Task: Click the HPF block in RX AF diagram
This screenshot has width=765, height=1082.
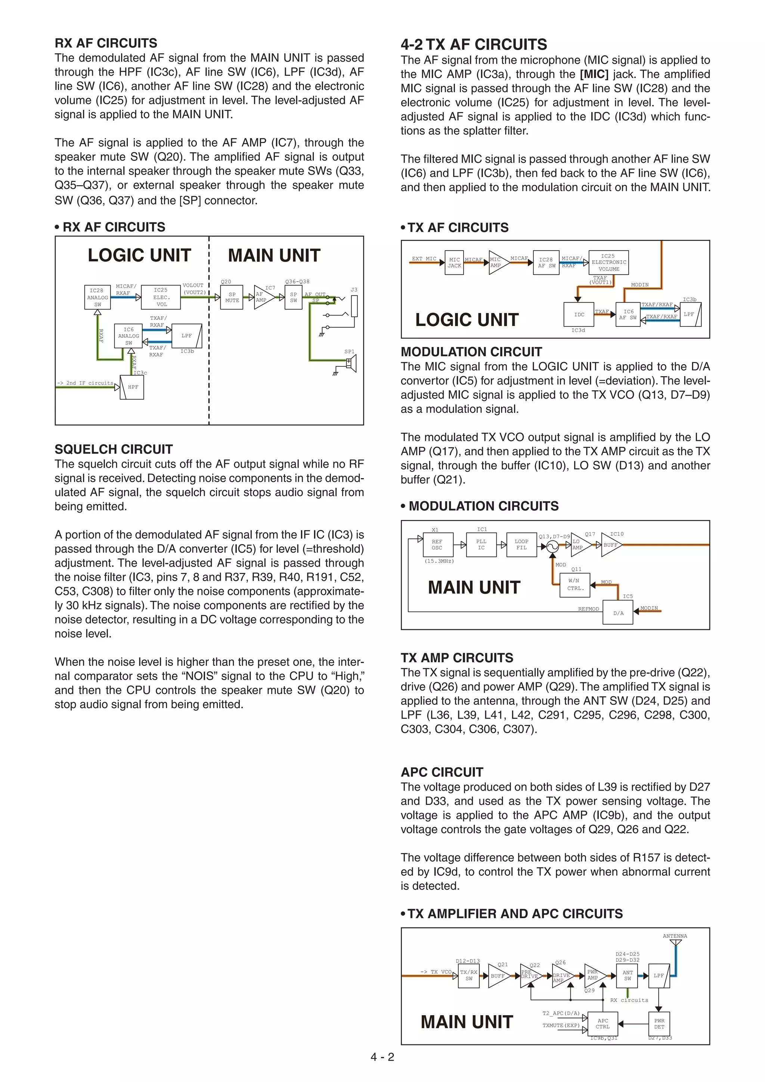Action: pyautogui.click(x=132, y=387)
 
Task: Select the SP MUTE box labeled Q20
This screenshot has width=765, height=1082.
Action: pyautogui.click(x=232, y=297)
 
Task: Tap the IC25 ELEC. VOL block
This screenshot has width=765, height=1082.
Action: pyautogui.click(x=161, y=297)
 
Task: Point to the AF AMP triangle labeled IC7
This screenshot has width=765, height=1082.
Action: pyautogui.click(x=263, y=297)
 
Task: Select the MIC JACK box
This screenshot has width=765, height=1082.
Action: pyautogui.click(x=454, y=263)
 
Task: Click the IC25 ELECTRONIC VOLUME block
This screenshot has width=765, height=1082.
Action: pyautogui.click(x=608, y=263)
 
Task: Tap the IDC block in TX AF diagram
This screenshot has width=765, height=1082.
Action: pyautogui.click(x=579, y=314)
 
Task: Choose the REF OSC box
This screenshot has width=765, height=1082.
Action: pyautogui.click(x=437, y=545)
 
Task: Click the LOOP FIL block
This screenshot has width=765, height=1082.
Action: pyautogui.click(x=521, y=545)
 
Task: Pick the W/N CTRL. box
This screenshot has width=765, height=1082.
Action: pyautogui.click(x=574, y=585)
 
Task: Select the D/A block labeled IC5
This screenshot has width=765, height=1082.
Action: pyautogui.click(x=618, y=613)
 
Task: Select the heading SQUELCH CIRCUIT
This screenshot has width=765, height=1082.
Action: pyautogui.click(x=114, y=449)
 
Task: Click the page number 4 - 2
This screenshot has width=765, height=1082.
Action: pyautogui.click(x=382, y=1057)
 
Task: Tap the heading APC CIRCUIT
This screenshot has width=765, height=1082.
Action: pyautogui.click(x=442, y=772)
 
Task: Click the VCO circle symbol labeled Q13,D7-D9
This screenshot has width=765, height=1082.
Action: pyautogui.click(x=552, y=546)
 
